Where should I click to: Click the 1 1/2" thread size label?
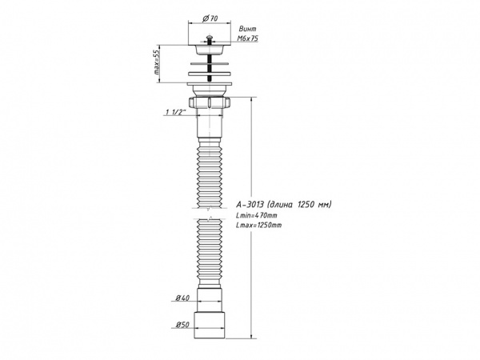tap(174, 112)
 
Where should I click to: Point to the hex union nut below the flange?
tap(210, 104)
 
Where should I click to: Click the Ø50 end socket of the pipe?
tap(211, 325)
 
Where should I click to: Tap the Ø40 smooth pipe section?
tap(211, 298)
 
